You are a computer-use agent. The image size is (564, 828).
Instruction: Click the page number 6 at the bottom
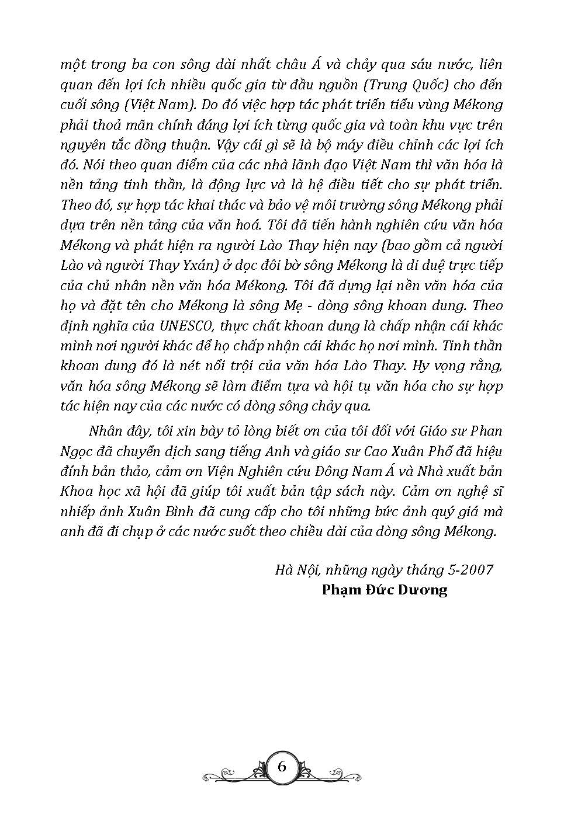coord(282,767)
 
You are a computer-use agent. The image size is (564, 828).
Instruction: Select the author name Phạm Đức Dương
coord(384,589)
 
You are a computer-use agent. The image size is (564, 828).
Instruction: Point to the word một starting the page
coord(75,64)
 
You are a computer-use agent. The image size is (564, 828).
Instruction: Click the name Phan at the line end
coord(486,431)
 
